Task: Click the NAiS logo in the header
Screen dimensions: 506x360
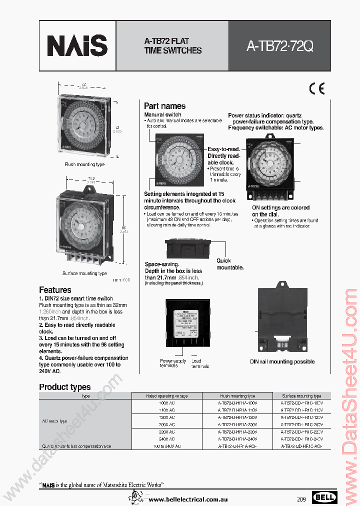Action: tap(77, 45)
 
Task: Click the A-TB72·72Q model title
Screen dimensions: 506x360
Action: tap(279, 46)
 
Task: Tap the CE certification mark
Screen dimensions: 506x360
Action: tap(317, 89)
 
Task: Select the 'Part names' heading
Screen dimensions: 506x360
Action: tap(164, 106)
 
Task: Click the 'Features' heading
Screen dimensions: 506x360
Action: tap(55, 290)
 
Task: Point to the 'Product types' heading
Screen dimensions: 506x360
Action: tap(65, 387)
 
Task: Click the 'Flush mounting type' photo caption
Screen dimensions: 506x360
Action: tap(84, 164)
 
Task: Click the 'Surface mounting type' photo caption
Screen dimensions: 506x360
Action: tap(84, 273)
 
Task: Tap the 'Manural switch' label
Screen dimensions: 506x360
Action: tap(162, 115)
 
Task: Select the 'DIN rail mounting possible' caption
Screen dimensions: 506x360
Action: tap(282, 361)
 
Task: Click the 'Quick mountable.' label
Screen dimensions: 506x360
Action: tap(230, 264)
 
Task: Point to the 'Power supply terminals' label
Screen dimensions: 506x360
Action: tap(172, 363)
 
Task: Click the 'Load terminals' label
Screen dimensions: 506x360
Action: tap(199, 363)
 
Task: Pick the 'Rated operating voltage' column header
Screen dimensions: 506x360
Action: tap(166, 396)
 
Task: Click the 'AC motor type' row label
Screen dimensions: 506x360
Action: tap(55, 421)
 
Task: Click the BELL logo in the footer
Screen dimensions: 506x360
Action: tap(324, 497)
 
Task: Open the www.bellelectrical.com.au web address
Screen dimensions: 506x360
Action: tap(189, 499)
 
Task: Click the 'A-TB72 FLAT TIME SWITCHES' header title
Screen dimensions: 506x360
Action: tap(172, 45)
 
